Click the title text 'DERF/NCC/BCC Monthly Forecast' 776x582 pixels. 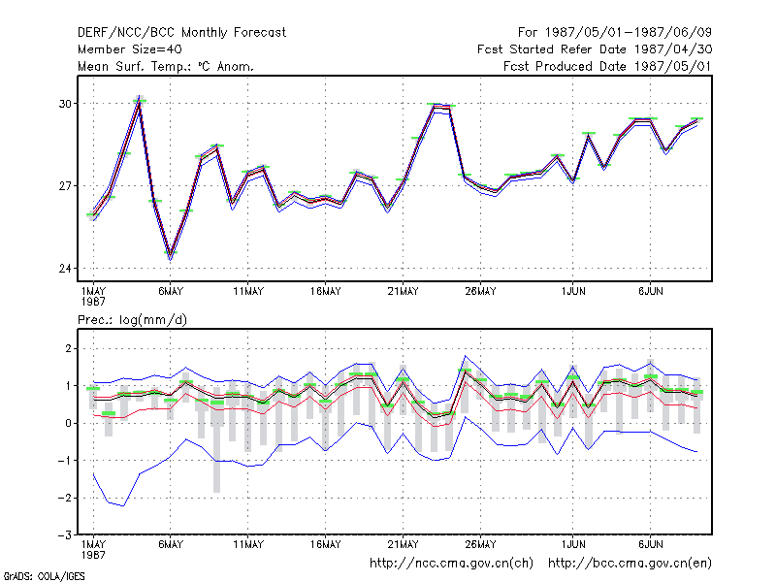click(181, 33)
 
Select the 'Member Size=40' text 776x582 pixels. click(130, 49)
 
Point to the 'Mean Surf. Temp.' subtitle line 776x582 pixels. click(166, 66)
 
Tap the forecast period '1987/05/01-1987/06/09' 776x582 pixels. click(628, 33)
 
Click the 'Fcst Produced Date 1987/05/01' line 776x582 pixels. click(607, 66)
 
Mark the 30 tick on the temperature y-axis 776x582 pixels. click(65, 104)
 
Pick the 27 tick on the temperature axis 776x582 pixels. click(65, 186)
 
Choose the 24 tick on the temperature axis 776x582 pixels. click(65, 269)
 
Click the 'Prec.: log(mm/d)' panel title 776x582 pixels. click(132, 320)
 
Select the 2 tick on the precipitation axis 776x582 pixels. click(68, 349)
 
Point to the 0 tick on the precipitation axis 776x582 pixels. click(68, 424)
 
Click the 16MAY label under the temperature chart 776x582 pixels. click(326, 292)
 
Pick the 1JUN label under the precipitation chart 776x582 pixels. click(573, 544)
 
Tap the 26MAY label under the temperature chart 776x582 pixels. click(480, 292)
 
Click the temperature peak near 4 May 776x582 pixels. click(140, 98)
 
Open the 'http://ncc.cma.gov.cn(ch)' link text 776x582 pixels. click(451, 564)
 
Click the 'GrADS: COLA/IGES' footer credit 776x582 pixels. click(44, 576)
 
